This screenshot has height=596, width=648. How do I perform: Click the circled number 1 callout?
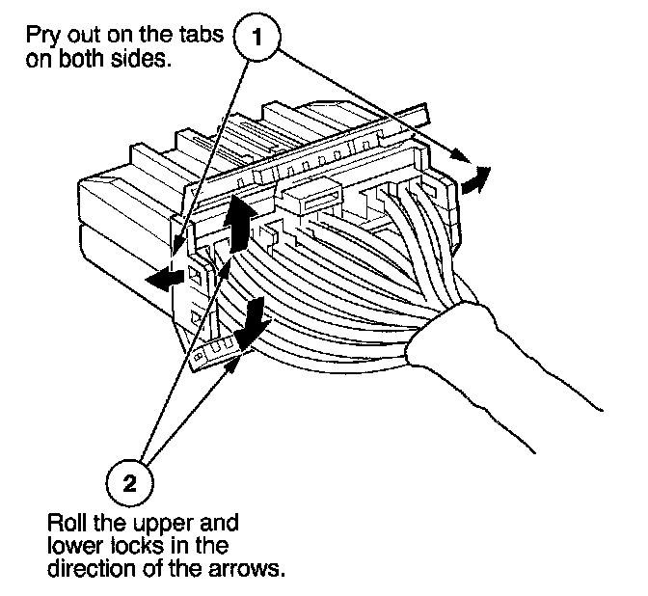[x=256, y=39]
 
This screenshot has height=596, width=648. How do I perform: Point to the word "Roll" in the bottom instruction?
[x=67, y=526]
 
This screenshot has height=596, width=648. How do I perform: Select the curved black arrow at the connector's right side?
[x=473, y=180]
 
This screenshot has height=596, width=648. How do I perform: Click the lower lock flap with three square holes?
[x=213, y=351]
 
